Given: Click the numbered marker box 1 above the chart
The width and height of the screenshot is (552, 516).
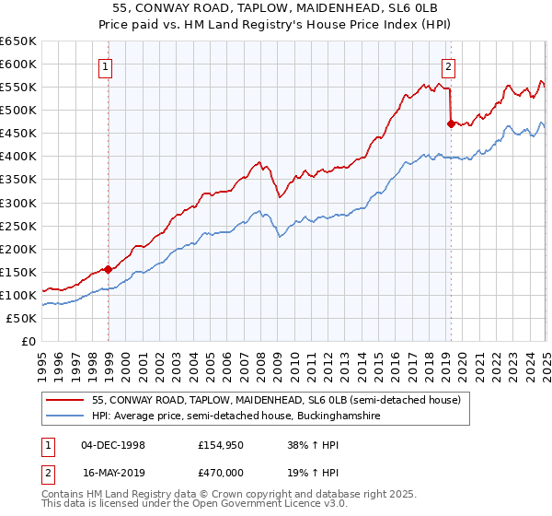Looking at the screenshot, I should tap(107, 65).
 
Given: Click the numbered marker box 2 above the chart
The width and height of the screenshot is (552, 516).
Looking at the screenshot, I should tap(448, 65).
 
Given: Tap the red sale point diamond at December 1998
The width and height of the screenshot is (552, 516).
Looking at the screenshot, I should tap(109, 269).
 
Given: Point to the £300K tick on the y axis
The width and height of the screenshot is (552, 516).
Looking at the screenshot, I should tap(18, 203).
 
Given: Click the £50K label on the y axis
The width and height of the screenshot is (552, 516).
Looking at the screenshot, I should tap(22, 318).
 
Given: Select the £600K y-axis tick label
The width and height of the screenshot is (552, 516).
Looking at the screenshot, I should tap(18, 64).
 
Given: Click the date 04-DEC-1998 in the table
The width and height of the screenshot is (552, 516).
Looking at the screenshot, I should tap(113, 444).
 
